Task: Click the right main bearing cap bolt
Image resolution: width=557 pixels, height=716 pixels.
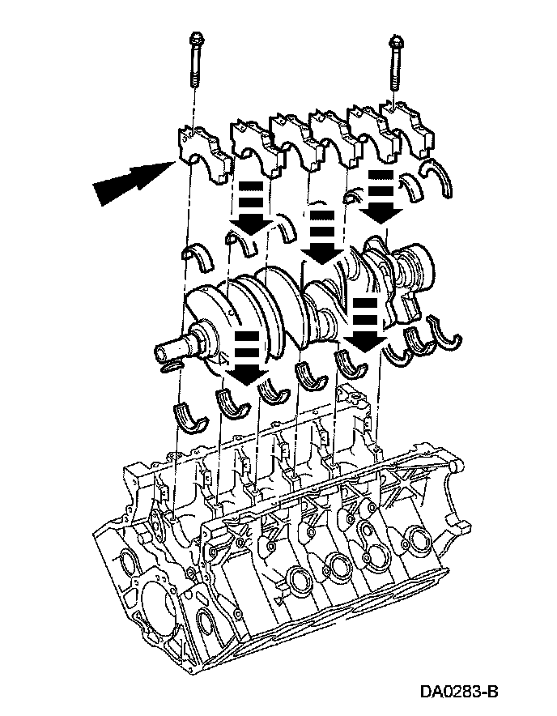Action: pos(394,63)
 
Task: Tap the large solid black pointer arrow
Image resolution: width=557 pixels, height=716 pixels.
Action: pos(134,183)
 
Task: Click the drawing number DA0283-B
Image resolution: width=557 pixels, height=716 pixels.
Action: pos(459,692)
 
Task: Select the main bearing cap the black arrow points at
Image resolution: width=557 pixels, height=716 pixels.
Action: pos(202,154)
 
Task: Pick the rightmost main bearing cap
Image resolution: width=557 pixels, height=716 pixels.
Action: pos(408,130)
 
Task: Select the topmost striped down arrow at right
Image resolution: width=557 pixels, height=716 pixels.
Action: pos(381,195)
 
